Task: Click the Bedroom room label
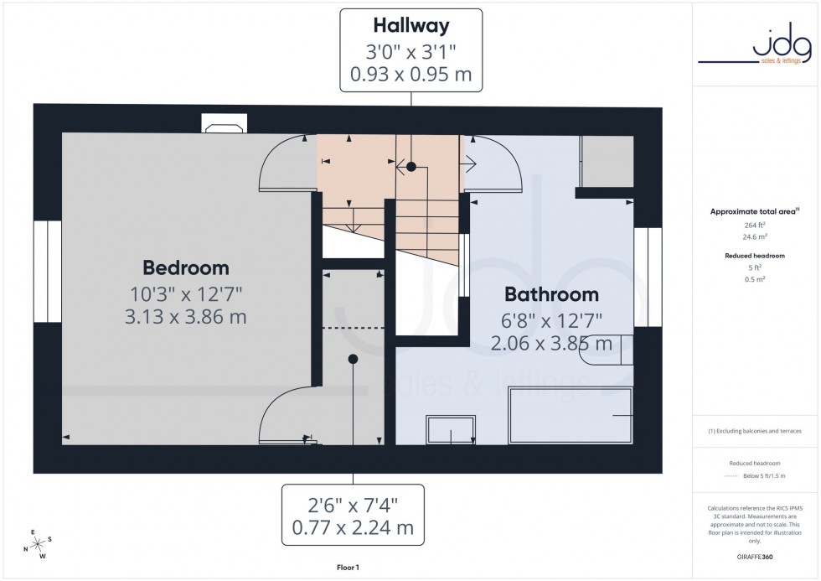tap(185, 268)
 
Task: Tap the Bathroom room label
tap(551, 294)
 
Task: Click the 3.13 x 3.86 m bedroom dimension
tap(185, 317)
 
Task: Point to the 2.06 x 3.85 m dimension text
tap(551, 343)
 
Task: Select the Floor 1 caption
tap(346, 568)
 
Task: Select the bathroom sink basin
tap(451, 428)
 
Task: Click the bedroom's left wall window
tap(48, 272)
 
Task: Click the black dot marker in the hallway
tap(410, 168)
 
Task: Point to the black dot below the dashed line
tap(353, 359)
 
